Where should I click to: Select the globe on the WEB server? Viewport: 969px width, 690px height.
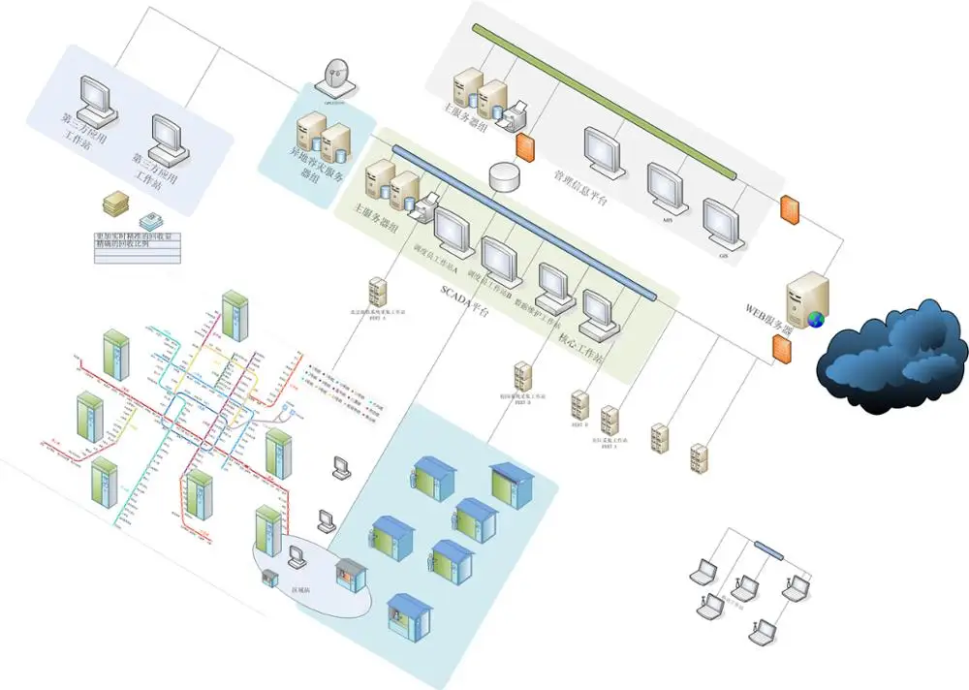pyautogui.click(x=816, y=319)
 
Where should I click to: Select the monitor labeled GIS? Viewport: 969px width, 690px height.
pyautogui.click(x=722, y=222)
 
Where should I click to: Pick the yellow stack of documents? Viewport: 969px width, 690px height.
pyautogui.click(x=116, y=204)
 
